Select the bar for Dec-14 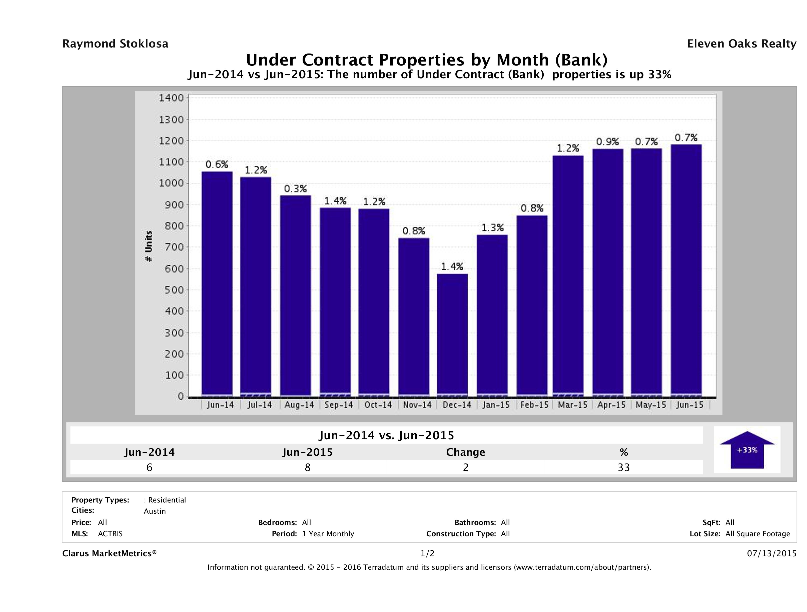tap(452, 335)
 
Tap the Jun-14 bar tap(217, 284)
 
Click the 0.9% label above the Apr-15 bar tap(607, 141)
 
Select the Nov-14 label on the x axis tap(417, 405)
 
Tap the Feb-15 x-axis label tap(534, 405)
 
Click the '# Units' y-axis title tap(149, 246)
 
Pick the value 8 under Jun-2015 tap(308, 467)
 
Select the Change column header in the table tap(466, 452)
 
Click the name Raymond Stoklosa tap(115, 44)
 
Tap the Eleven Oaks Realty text tap(741, 44)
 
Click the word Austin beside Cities tap(155, 511)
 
